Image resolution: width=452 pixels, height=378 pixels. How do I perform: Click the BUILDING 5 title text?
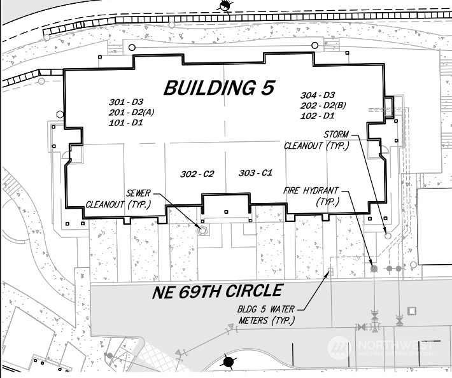click(220, 88)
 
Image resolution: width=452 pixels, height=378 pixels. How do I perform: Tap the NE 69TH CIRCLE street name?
click(217, 291)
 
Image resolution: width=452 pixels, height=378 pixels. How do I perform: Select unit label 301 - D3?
click(126, 102)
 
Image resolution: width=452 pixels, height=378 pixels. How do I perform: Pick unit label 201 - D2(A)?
click(131, 113)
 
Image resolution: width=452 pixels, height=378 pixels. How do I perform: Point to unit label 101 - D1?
click(126, 123)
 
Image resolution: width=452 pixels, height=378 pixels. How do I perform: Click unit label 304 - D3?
click(318, 95)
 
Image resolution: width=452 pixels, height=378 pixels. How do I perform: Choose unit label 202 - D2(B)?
click(323, 106)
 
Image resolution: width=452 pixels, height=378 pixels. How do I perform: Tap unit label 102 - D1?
click(318, 116)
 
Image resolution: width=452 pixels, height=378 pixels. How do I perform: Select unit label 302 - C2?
click(197, 174)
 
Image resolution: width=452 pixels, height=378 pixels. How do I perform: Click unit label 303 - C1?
click(255, 173)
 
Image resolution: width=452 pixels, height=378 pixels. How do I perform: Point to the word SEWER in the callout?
click(138, 193)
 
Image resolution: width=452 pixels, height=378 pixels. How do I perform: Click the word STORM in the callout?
click(336, 134)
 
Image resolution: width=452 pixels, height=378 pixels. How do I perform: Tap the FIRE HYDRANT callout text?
click(311, 191)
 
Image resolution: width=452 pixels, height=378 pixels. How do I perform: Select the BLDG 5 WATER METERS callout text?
click(266, 315)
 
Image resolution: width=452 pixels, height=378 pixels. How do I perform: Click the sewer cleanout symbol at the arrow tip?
click(203, 230)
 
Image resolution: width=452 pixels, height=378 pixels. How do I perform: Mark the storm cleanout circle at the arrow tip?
click(388, 236)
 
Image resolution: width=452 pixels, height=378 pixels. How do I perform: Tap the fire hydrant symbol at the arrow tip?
click(374, 269)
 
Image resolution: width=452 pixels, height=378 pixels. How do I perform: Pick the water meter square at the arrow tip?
click(330, 272)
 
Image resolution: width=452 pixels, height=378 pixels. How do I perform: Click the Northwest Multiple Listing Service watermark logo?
click(381, 347)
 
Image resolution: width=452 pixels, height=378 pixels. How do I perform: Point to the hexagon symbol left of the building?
click(60, 115)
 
